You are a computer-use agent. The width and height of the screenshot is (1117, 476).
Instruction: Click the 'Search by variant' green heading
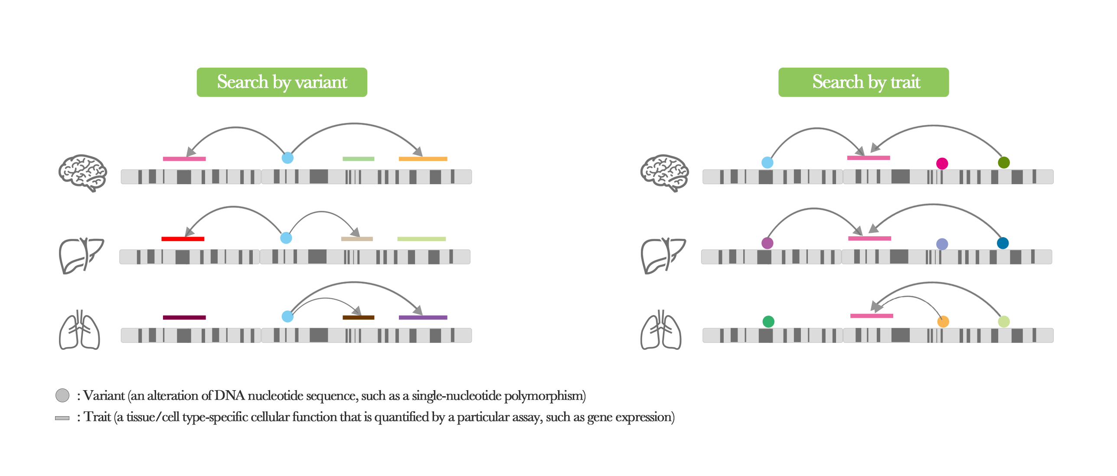[282, 82]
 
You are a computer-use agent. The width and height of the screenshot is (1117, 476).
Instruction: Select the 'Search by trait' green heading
[863, 82]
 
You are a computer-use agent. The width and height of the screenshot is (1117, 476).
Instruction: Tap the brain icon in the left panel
[82, 173]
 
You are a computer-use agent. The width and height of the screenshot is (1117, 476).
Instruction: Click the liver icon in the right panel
[663, 256]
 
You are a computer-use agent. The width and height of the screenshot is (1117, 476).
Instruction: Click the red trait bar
[183, 239]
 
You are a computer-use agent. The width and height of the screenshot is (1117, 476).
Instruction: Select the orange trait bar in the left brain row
[423, 159]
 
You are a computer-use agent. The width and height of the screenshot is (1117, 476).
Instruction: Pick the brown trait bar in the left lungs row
[358, 317]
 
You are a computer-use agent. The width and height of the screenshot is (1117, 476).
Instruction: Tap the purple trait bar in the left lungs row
[423, 317]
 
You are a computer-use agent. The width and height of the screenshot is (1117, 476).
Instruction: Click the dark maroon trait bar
[184, 317]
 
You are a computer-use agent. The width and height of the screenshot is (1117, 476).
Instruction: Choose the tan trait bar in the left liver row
[357, 239]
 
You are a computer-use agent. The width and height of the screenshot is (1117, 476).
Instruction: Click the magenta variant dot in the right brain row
[942, 163]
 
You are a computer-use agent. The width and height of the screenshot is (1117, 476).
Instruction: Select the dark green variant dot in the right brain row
[1004, 163]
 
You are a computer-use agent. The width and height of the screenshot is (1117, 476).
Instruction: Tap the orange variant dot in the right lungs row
[943, 322]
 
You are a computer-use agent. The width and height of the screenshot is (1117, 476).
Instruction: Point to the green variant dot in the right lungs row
[768, 322]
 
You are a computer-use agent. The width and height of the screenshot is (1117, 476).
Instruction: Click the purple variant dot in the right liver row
[768, 243]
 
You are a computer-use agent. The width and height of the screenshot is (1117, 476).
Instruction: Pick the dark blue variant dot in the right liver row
[1003, 243]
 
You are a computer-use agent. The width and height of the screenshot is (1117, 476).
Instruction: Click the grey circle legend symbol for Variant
[62, 395]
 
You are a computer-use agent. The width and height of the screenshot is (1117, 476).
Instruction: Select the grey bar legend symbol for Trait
[62, 418]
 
